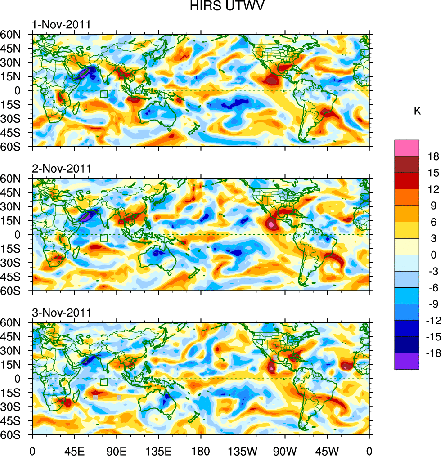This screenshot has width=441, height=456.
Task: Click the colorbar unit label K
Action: pyautogui.click(x=417, y=111)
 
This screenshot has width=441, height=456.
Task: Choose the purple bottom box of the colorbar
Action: pyautogui.click(x=407, y=362)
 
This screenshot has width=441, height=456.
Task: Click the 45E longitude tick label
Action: pyautogui.click(x=74, y=449)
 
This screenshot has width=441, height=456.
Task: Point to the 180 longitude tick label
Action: pyautogui.click(x=201, y=449)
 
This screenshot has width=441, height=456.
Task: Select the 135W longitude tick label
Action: pyautogui.click(x=243, y=449)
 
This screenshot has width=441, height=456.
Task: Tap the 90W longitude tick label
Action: pyautogui.click(x=285, y=449)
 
